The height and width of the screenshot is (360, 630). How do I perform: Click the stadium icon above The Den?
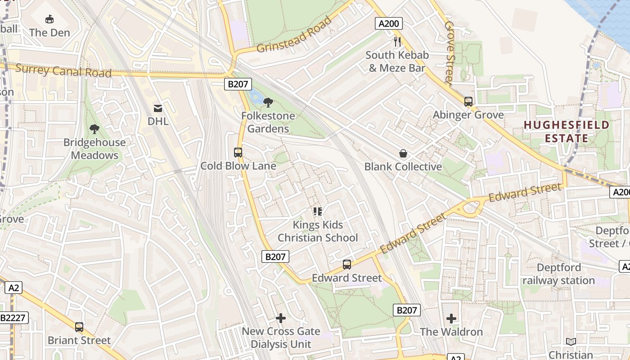point(49,19)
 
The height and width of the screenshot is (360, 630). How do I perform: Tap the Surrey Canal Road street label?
point(63,71)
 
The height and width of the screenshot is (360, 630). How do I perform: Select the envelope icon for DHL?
point(158,108)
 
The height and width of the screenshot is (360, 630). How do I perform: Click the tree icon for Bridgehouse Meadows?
point(94,129)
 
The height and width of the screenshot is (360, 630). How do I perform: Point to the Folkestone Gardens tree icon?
point(268,103)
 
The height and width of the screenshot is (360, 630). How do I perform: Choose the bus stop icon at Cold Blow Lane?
point(238,153)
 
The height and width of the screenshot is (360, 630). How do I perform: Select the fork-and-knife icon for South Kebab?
point(397,42)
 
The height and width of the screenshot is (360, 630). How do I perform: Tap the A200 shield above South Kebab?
point(388,24)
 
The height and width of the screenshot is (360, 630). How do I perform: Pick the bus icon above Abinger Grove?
point(468,102)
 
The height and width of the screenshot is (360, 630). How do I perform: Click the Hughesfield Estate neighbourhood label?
point(567,131)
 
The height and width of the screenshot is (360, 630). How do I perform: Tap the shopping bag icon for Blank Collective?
point(403,153)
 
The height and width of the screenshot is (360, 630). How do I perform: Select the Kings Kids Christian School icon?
point(318,211)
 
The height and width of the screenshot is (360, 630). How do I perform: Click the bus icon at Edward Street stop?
point(347,265)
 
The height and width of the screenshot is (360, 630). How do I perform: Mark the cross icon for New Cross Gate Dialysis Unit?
point(281,318)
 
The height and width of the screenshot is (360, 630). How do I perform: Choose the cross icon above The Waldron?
point(451,319)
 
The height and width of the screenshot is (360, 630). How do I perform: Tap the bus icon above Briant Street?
point(79,327)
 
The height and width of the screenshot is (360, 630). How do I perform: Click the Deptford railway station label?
point(558,274)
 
